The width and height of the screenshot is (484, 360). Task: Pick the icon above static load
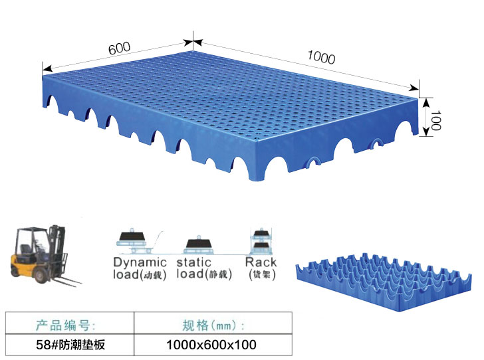[x=199, y=244]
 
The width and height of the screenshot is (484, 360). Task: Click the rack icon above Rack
[x=259, y=240]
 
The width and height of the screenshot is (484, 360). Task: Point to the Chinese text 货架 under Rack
[x=261, y=274]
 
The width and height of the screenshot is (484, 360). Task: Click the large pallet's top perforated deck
[x=233, y=100]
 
